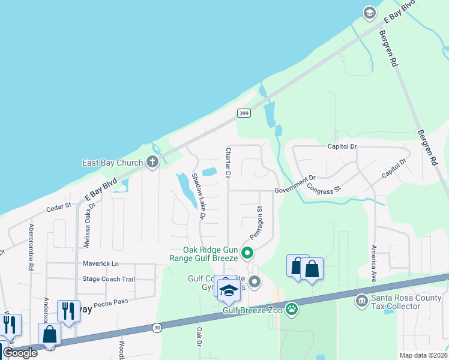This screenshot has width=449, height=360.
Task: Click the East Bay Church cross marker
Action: [x=152, y=162]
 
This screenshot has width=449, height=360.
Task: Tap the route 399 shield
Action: [x=243, y=113]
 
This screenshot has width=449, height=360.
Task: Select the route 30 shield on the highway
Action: [x=157, y=327]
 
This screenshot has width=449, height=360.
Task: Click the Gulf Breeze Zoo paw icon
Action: [x=292, y=310]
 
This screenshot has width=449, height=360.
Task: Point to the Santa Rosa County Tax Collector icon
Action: [x=362, y=300]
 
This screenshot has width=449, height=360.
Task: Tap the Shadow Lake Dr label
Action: [x=199, y=196]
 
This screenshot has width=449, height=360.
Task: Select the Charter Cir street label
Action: [x=228, y=163]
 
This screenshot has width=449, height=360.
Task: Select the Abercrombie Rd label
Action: [x=30, y=247]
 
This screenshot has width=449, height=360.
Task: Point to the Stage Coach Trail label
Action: [x=109, y=279]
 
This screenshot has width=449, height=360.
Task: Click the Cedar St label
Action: [x=59, y=206]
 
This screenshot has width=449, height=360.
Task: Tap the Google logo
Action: [x=20, y=353]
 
